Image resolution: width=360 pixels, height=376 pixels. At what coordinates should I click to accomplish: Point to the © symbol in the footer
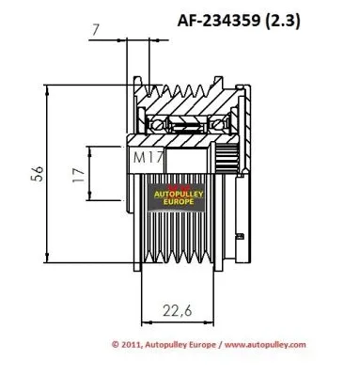pos(115,344)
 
